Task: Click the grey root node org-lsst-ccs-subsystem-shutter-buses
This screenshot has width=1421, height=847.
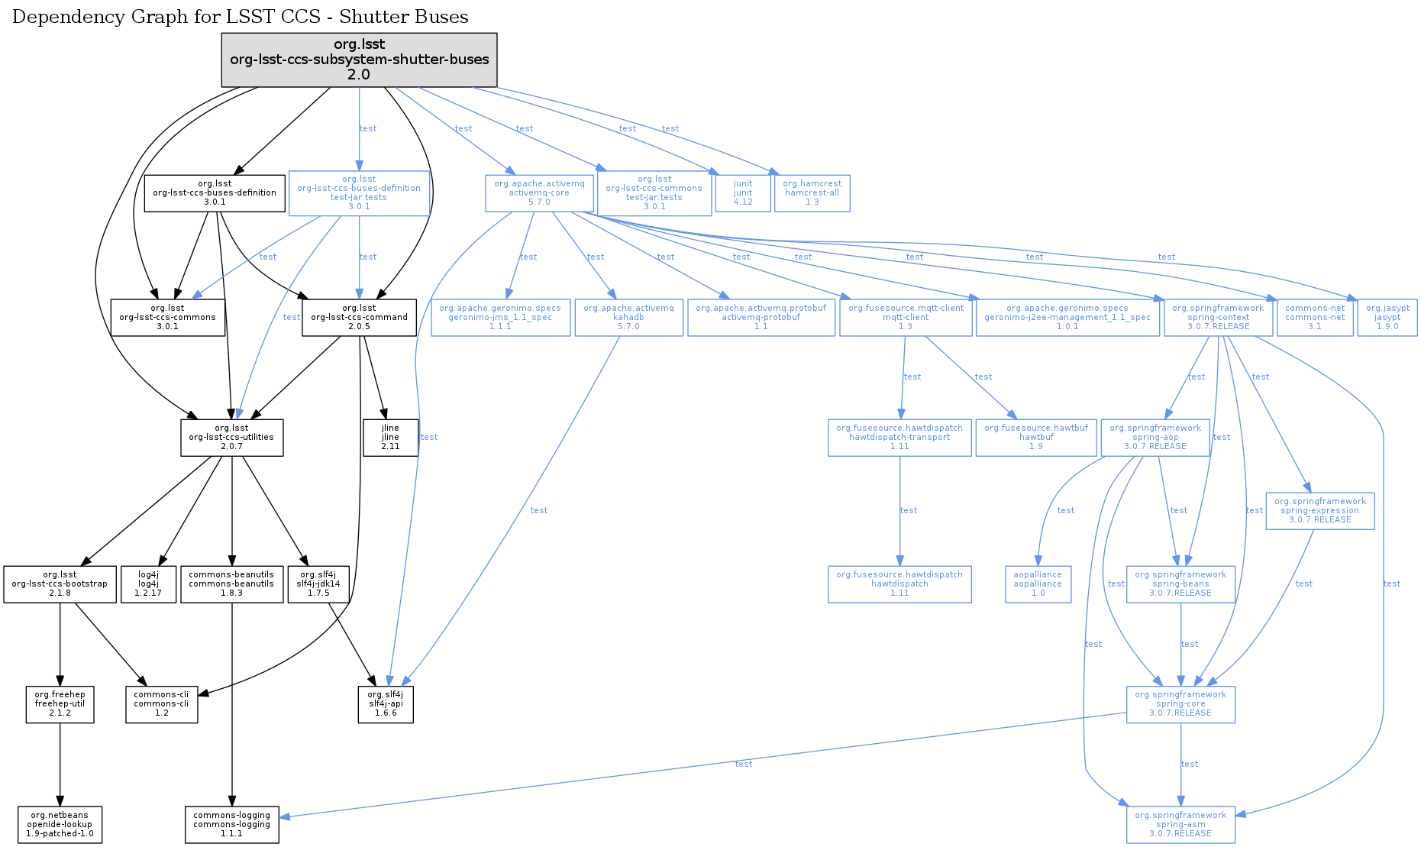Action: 359,60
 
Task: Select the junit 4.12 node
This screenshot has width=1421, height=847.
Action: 743,193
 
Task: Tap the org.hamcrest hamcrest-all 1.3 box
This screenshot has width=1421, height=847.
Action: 812,193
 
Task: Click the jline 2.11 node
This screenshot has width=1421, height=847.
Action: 390,438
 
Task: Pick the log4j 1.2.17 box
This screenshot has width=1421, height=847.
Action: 148,584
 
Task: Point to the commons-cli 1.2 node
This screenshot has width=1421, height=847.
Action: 161,704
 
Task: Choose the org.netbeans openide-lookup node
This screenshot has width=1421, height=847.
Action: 60,825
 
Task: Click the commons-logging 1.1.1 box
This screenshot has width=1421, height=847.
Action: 231,825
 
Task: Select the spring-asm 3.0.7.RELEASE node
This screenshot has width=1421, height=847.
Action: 1180,825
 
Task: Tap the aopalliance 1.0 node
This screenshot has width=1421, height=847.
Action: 1038,584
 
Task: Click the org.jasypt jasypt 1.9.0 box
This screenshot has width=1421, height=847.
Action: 1387,318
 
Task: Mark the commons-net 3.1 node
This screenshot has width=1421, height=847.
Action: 1315,318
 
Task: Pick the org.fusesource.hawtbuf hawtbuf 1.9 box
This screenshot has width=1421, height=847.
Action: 1036,438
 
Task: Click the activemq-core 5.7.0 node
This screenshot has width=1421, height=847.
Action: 539,193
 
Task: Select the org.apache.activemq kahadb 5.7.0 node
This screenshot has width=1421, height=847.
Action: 628,318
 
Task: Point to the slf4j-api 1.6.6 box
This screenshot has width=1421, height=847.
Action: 386,704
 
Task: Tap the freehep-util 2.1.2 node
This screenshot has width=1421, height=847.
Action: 60,704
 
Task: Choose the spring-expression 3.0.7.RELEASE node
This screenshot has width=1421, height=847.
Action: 1319,511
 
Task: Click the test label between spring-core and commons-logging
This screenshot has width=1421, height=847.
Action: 744,764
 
